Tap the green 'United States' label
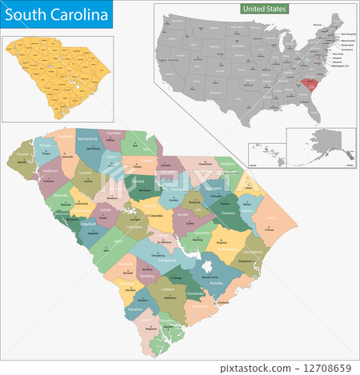coord(265,8)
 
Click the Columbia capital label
coord(157,215)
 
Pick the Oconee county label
coord(22,156)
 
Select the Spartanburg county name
coord(92,147)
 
